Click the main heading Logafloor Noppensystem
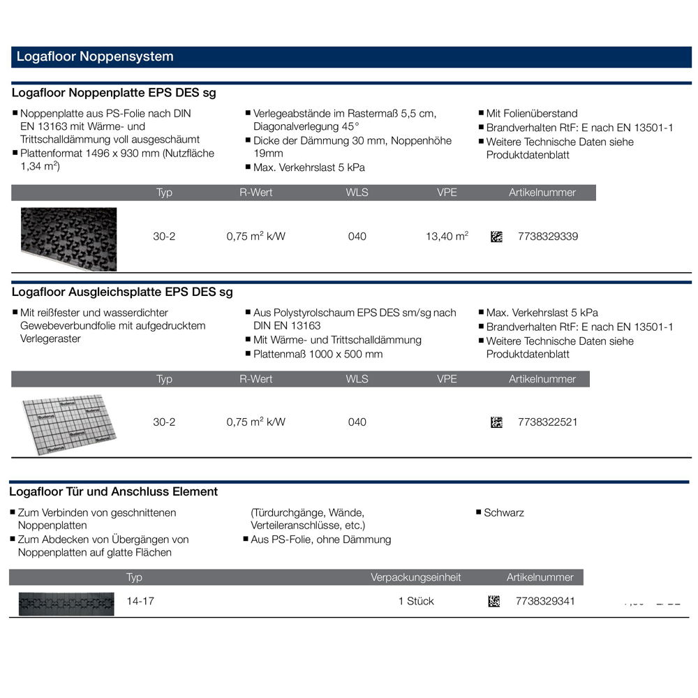click(94, 57)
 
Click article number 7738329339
click(548, 237)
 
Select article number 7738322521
click(548, 422)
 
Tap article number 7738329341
click(545, 601)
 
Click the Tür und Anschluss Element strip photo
click(66, 602)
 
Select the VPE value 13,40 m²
click(447, 237)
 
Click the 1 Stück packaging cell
click(416, 601)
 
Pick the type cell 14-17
click(140, 601)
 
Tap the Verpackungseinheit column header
click(416, 577)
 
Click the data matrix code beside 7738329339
click(496, 237)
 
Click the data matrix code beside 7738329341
click(493, 601)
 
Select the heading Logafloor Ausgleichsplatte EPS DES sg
click(123, 292)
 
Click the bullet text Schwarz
click(504, 512)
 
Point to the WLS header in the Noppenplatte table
click(357, 193)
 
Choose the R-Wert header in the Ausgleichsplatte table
click(256, 379)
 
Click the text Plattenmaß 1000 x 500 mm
click(318, 354)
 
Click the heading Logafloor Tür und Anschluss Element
click(115, 491)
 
